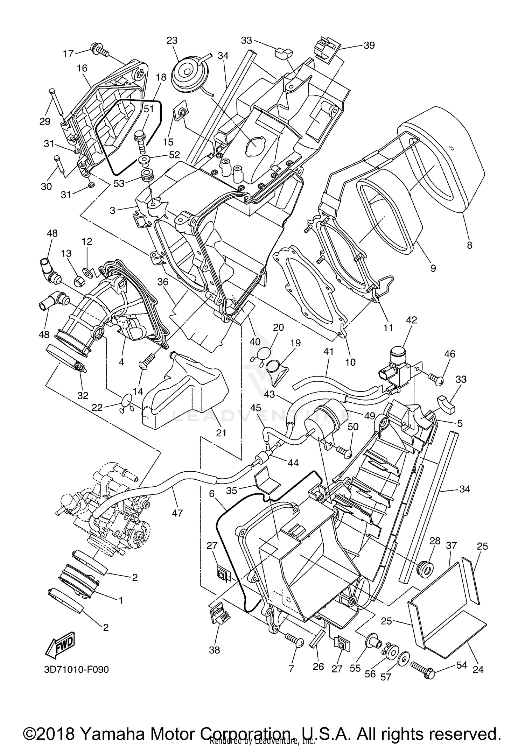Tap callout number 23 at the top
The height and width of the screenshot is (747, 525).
tap(172, 41)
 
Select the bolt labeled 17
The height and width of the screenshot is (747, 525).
tap(99, 50)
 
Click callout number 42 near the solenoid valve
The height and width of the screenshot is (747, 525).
tap(412, 320)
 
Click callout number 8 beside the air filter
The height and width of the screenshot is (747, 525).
tap(470, 245)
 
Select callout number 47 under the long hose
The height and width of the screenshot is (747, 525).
tap(177, 513)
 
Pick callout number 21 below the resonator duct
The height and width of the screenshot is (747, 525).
tap(221, 433)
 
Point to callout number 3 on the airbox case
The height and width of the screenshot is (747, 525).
tap(112, 210)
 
